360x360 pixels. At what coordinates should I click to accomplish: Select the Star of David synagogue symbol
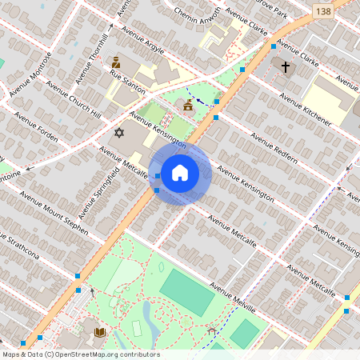tap(120, 132)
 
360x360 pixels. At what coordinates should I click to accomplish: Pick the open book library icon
tap(99, 331)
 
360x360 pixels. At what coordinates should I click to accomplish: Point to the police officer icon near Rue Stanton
tap(116, 62)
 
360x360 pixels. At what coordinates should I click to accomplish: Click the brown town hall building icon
tap(188, 105)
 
